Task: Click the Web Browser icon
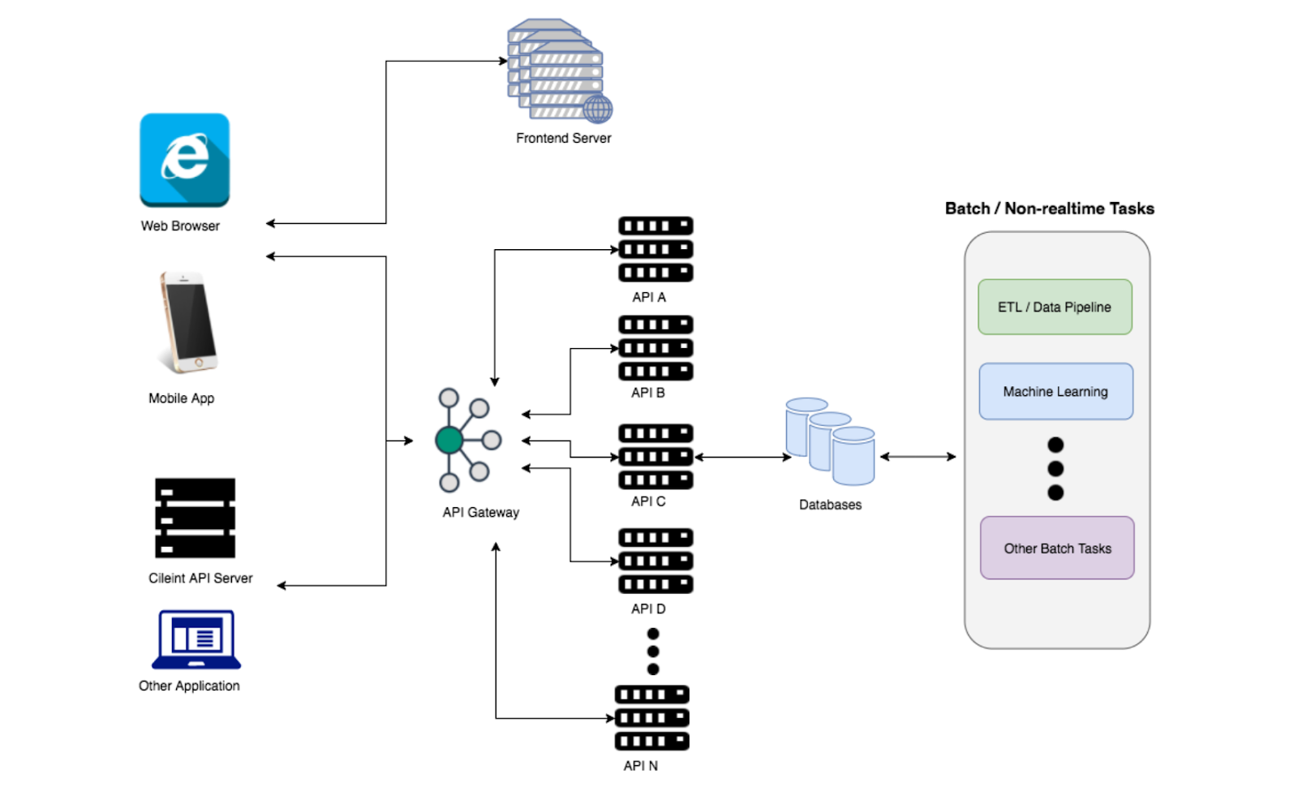pyautogui.click(x=184, y=160)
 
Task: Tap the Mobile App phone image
pyautogui.click(x=188, y=322)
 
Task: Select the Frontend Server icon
pyautogui.click(x=560, y=71)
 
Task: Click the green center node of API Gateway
pyautogui.click(x=449, y=440)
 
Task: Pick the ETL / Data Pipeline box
pyautogui.click(x=1055, y=307)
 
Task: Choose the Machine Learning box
pyautogui.click(x=1055, y=391)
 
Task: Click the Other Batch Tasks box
pyautogui.click(x=1057, y=548)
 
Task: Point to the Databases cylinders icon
pyautogui.click(x=830, y=441)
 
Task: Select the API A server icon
pyautogui.click(x=655, y=249)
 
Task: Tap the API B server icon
pyautogui.click(x=655, y=348)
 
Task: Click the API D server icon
pyautogui.click(x=655, y=561)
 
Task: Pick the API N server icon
pyautogui.click(x=652, y=718)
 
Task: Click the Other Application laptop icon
pyautogui.click(x=196, y=639)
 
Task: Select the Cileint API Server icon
pyautogui.click(x=196, y=518)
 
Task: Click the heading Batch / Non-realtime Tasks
pyautogui.click(x=1050, y=209)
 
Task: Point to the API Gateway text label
pyautogui.click(x=480, y=513)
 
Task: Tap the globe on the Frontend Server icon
pyautogui.click(x=597, y=109)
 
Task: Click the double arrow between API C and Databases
pyautogui.click(x=743, y=457)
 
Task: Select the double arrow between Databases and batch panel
pyautogui.click(x=918, y=457)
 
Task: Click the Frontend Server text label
pyautogui.click(x=563, y=138)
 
